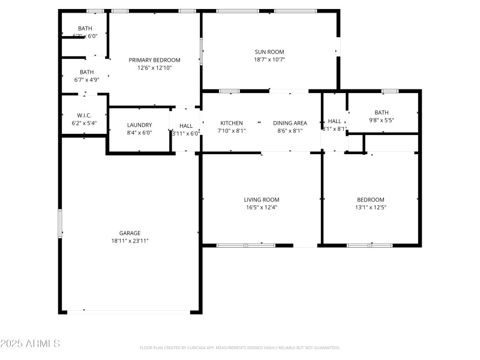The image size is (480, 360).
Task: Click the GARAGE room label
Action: coord(130,233)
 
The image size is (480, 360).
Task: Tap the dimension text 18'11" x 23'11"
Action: coord(130,241)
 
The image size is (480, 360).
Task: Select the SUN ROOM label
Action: coord(269,52)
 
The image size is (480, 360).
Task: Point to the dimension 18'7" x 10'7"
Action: coord(269,59)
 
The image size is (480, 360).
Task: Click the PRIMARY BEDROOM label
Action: coord(155,60)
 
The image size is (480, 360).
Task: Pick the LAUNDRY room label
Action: coord(139,125)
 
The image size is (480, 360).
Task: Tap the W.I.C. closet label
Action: coord(84,115)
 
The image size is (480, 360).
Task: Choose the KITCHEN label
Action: coord(232,123)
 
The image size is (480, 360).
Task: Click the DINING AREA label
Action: coord(290,123)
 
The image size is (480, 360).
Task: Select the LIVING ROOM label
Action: coord(262,200)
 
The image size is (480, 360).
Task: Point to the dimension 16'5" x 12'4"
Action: coord(262,208)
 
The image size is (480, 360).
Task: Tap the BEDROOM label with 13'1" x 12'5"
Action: coord(371,200)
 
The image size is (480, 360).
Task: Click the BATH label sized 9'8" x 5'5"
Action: coord(382,112)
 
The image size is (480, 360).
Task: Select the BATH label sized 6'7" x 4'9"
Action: coord(86,72)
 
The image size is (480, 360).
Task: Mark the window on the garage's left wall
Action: coord(59,223)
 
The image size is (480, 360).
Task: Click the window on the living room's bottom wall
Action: coord(246,245)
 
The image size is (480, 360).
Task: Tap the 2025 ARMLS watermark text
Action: coord(30,344)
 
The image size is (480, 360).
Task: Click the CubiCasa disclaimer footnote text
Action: coord(240,347)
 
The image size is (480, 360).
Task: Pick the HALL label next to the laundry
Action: coord(186,126)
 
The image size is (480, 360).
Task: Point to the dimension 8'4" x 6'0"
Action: coord(139,133)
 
